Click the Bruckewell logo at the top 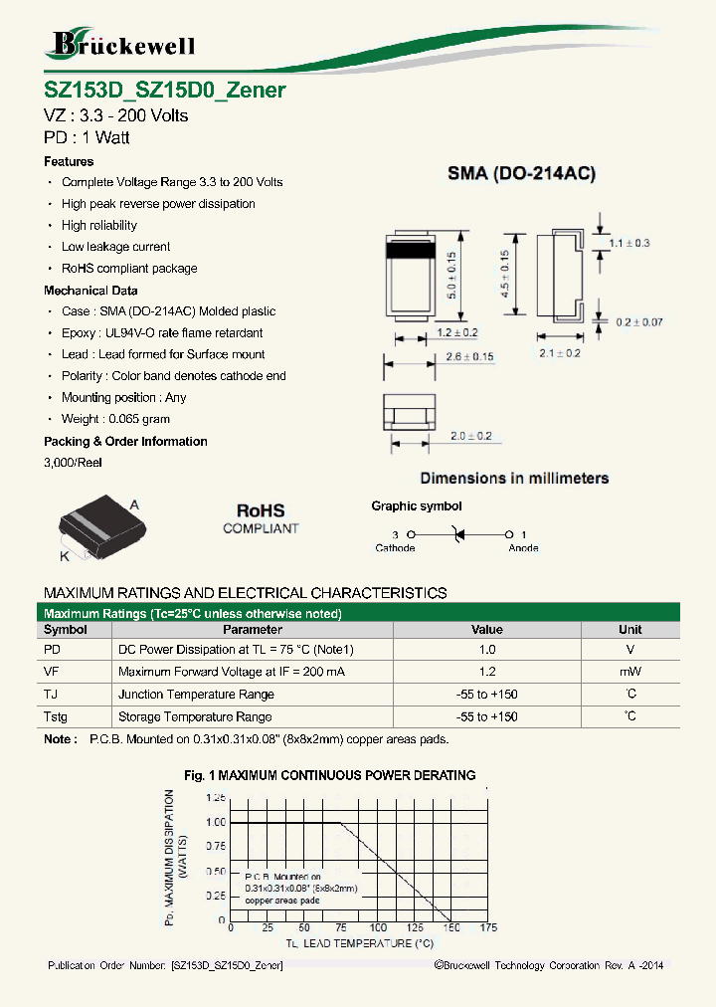pyautogui.click(x=122, y=44)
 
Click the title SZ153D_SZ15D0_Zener pyautogui.click(x=165, y=90)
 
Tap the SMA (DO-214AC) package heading pyautogui.click(x=521, y=174)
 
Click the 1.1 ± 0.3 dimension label pyautogui.click(x=628, y=243)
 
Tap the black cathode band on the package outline pyautogui.click(x=408, y=251)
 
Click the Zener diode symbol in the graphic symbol pyautogui.click(x=458, y=534)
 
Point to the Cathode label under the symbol pyautogui.click(x=395, y=548)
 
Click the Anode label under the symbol pyautogui.click(x=523, y=548)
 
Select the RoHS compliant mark pyautogui.click(x=261, y=517)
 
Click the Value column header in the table pyautogui.click(x=486, y=629)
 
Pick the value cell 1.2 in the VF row pyautogui.click(x=486, y=672)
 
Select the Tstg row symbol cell pyautogui.click(x=59, y=716)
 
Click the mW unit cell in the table pyautogui.click(x=629, y=672)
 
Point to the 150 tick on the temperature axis pyautogui.click(x=450, y=927)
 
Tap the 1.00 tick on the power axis pyautogui.click(x=215, y=822)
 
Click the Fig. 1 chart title pyautogui.click(x=329, y=775)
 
